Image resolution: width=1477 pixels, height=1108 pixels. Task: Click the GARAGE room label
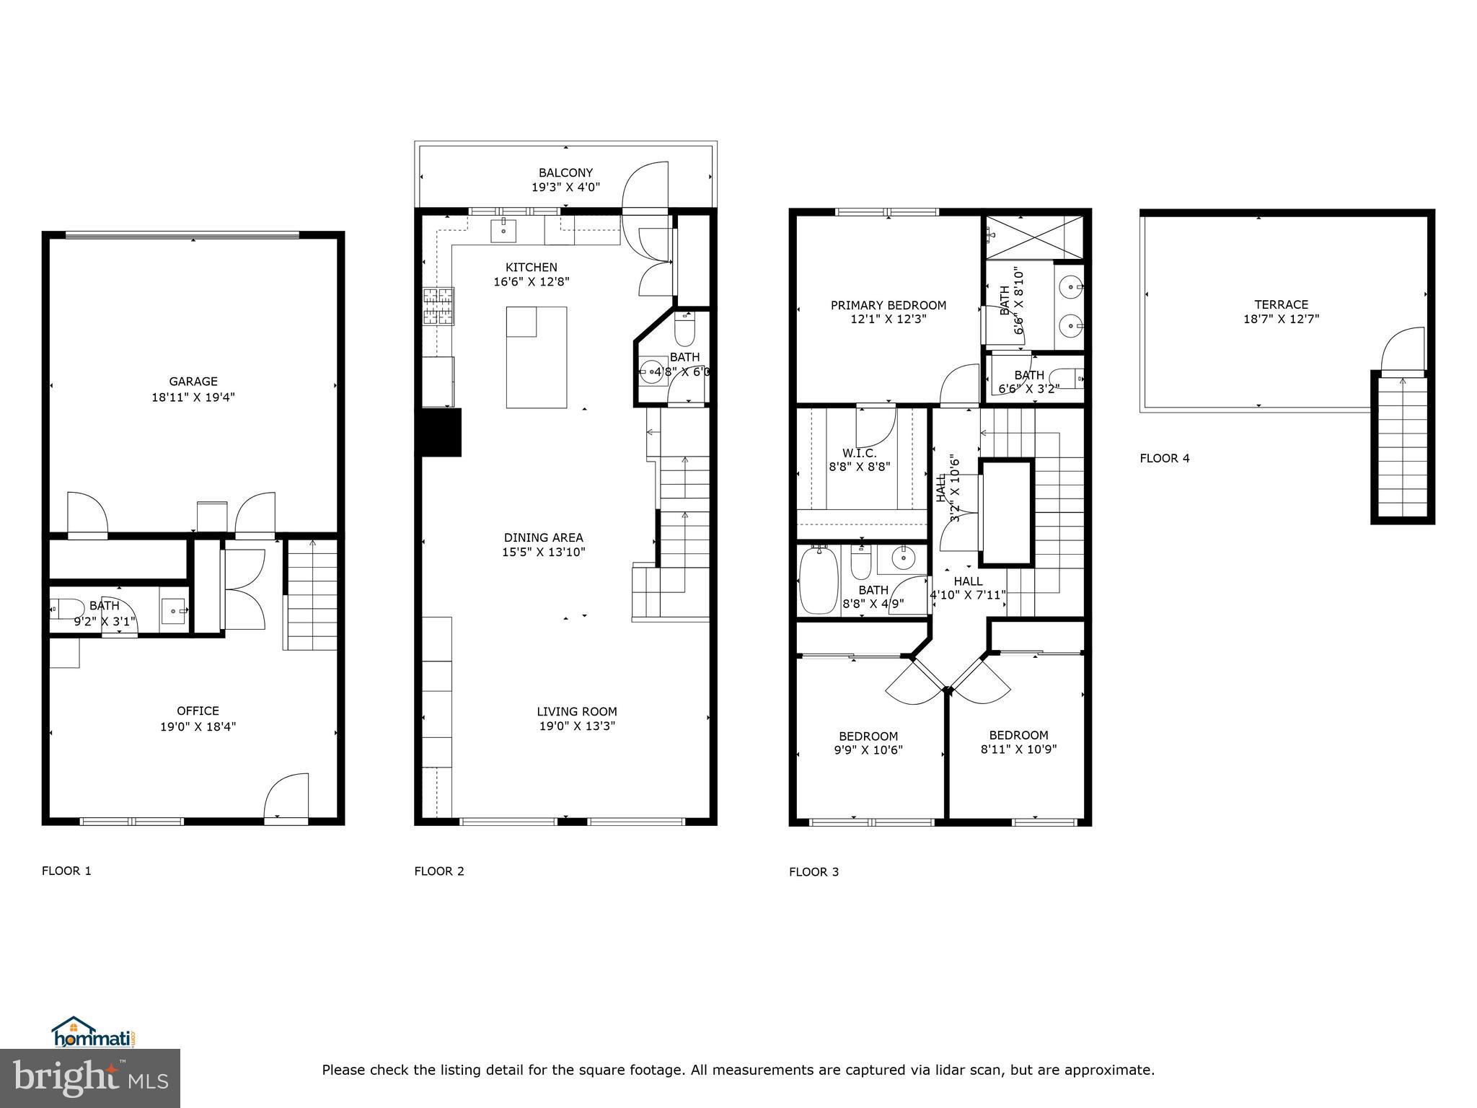(193, 382)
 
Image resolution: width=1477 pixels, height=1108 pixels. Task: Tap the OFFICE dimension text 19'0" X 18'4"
(198, 726)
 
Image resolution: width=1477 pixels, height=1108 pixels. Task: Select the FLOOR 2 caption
(438, 871)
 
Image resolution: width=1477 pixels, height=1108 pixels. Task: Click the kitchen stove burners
(438, 307)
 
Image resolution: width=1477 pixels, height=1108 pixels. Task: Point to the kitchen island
(536, 358)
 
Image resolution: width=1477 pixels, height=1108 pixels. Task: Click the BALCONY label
(565, 172)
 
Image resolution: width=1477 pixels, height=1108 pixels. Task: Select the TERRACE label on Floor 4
(1280, 304)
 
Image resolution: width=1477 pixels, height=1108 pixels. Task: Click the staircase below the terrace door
(1402, 447)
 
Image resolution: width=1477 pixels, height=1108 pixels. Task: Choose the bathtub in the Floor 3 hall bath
(818, 581)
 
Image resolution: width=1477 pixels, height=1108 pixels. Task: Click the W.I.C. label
(859, 453)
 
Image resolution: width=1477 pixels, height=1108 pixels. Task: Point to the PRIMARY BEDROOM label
(888, 305)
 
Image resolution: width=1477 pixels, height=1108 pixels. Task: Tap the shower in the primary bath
(1034, 237)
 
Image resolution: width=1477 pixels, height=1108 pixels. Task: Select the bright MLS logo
(89, 1078)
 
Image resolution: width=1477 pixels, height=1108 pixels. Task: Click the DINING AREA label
(543, 537)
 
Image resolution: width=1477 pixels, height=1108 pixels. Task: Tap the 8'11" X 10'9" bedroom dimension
(1018, 749)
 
